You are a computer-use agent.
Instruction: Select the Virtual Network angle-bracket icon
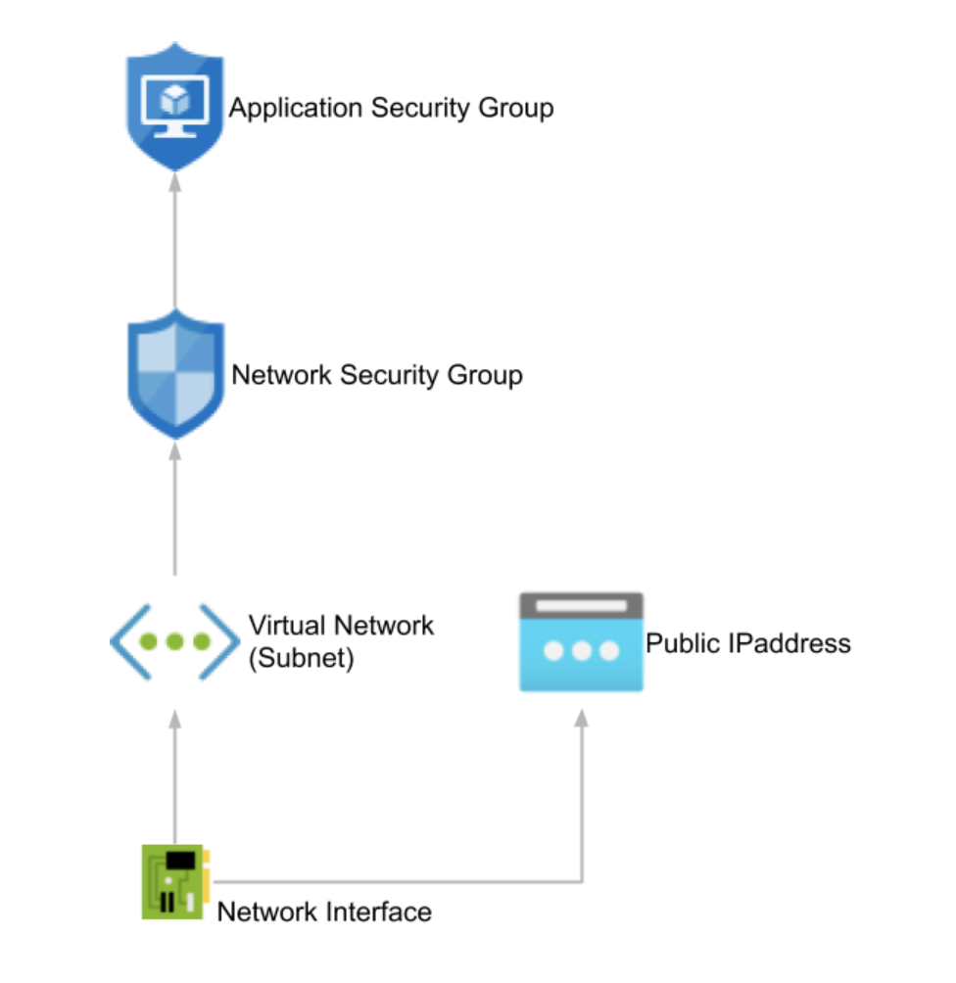click(x=174, y=642)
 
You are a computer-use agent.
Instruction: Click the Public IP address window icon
click(x=581, y=641)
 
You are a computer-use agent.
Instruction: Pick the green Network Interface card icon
click(x=174, y=881)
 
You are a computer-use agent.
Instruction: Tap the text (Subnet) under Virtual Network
click(x=301, y=658)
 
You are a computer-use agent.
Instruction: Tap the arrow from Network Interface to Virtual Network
click(x=176, y=773)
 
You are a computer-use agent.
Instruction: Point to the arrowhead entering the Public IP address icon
click(x=582, y=718)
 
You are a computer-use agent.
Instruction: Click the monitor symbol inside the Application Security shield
click(x=176, y=103)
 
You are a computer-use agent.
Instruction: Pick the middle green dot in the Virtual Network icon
click(x=175, y=642)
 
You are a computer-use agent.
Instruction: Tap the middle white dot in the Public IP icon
click(x=581, y=650)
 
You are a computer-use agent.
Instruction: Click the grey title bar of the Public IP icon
click(x=581, y=605)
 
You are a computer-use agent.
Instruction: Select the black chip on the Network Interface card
click(x=178, y=861)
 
